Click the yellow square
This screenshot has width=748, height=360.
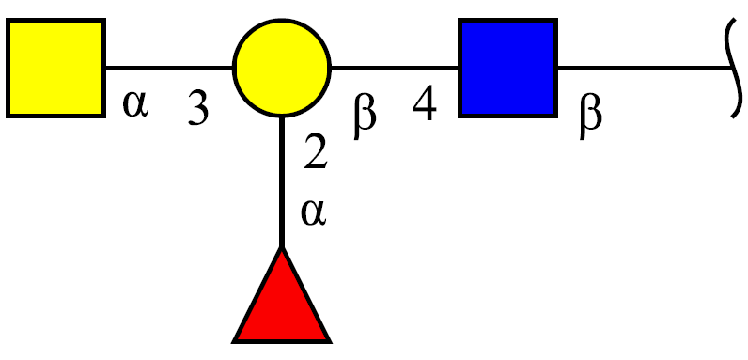click(x=55, y=69)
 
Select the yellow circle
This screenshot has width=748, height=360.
click(x=282, y=69)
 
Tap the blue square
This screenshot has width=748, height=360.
click(x=507, y=69)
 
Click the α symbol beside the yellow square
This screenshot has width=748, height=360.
click(x=136, y=105)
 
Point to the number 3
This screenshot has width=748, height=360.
click(x=198, y=108)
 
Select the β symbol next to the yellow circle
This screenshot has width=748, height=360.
click(x=365, y=117)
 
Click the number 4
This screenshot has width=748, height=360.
click(x=425, y=103)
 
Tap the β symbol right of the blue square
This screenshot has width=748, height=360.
click(x=591, y=117)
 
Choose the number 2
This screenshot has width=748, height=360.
click(x=316, y=152)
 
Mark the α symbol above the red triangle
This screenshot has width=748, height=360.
click(x=314, y=213)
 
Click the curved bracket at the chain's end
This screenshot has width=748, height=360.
click(x=735, y=69)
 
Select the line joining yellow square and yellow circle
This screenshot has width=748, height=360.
click(x=169, y=69)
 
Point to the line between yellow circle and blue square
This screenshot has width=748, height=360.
click(x=395, y=69)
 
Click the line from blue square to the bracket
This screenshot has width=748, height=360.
click(x=645, y=69)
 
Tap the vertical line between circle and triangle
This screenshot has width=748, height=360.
click(x=282, y=182)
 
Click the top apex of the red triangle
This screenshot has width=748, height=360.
click(x=282, y=247)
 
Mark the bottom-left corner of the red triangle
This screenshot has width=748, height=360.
click(x=233, y=342)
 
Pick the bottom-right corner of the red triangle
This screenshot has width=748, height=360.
click(x=330, y=342)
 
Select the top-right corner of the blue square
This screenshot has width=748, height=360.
click(x=556, y=20)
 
